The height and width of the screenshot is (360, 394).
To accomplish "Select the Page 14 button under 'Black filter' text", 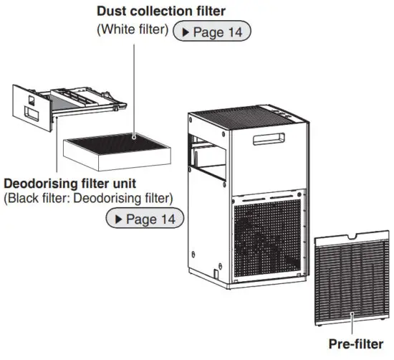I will point(144,217).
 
